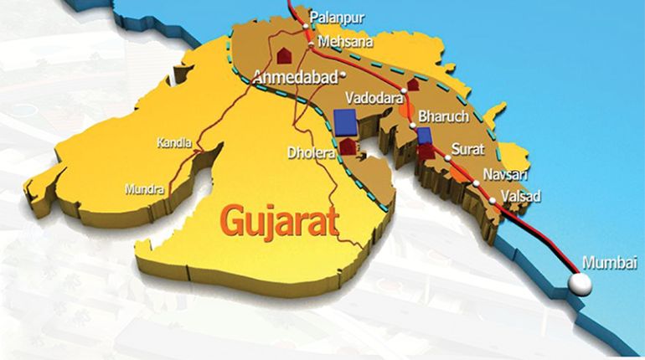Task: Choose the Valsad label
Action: tap(520, 196)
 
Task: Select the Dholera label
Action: tap(311, 153)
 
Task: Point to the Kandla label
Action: tap(173, 143)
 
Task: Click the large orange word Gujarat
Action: tap(279, 221)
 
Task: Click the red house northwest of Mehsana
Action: tap(284, 54)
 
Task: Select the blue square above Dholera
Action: tap(344, 121)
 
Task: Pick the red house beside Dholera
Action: tap(348, 147)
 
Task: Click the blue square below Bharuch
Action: tap(424, 136)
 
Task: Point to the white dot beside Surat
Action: tap(448, 157)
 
